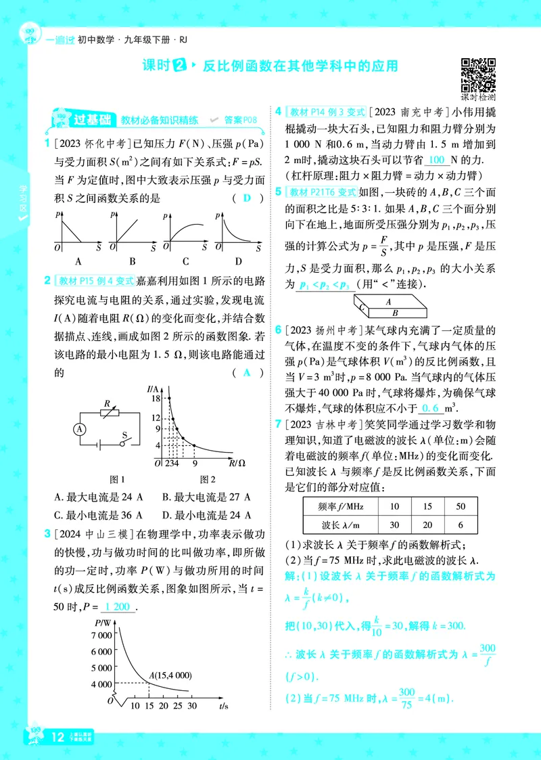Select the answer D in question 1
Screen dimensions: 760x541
(x=247, y=198)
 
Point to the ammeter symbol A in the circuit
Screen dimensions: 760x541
(x=80, y=428)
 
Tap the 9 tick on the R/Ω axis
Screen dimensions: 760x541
(x=195, y=464)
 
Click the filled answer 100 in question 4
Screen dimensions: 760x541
(x=437, y=160)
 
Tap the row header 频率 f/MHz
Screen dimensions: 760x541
(x=331, y=506)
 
